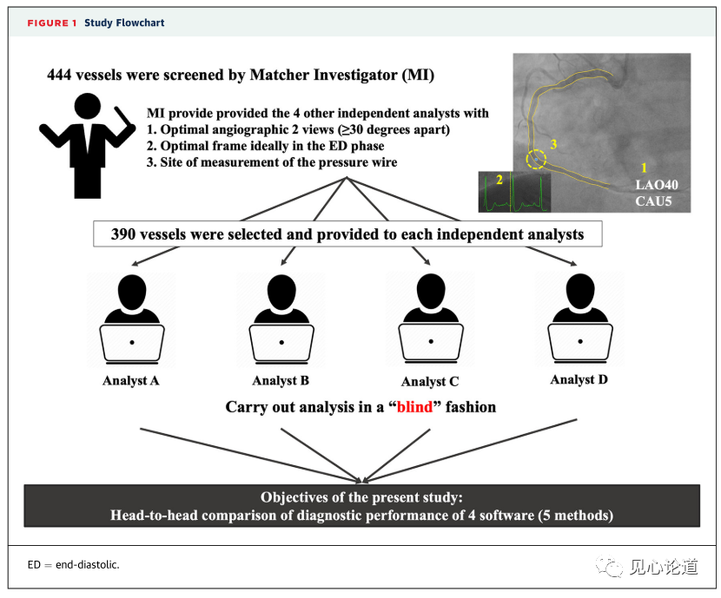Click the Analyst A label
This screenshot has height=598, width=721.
(130, 381)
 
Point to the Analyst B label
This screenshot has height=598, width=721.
(281, 381)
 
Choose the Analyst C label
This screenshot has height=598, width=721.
(430, 382)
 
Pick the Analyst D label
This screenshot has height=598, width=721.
(579, 380)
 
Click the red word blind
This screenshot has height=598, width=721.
(414, 407)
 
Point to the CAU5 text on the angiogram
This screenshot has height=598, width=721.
(654, 204)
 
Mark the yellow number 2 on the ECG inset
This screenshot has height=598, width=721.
(498, 180)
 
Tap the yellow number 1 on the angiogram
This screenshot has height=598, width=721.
(643, 166)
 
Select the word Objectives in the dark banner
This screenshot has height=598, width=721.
(298, 497)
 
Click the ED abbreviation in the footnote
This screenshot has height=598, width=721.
(34, 565)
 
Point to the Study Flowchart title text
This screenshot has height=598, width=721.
(124, 23)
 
